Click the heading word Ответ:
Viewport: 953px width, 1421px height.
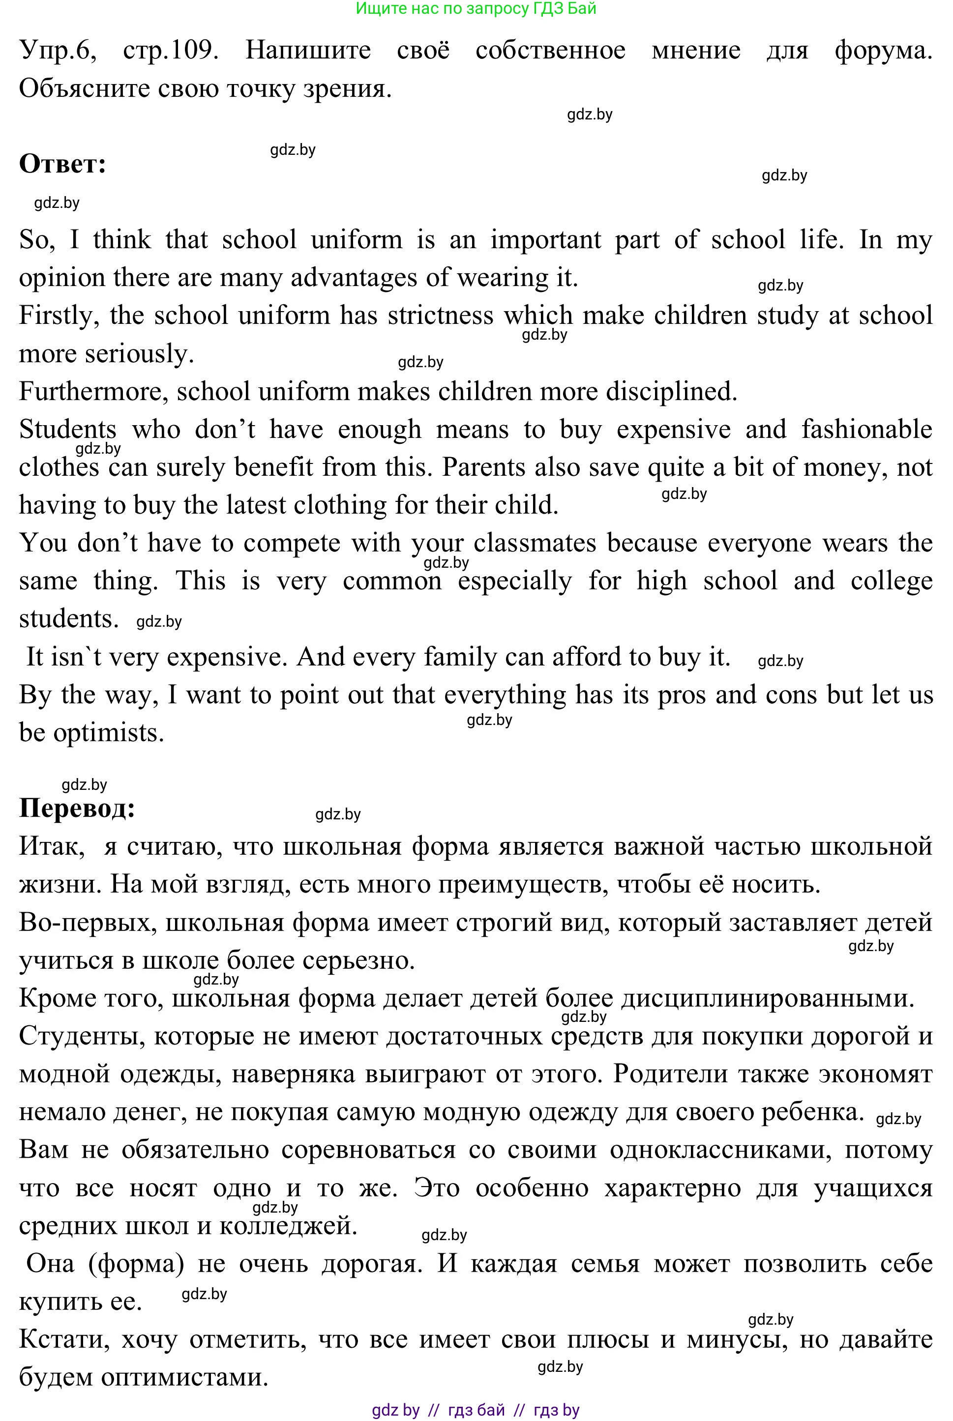(x=62, y=164)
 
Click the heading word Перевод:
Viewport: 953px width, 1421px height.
(x=77, y=809)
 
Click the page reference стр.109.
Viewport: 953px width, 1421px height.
(x=170, y=50)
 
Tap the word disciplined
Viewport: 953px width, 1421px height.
(x=671, y=392)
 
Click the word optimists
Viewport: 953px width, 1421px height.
(x=109, y=733)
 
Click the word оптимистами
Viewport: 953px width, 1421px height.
(x=184, y=1377)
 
